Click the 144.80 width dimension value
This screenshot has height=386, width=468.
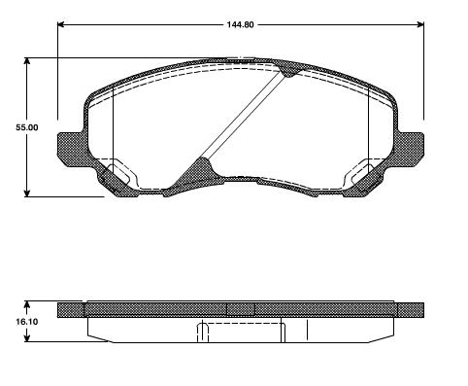240,24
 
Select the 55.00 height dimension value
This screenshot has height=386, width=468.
27,127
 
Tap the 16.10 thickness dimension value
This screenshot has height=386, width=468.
27,322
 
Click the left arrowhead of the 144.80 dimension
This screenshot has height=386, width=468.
61,24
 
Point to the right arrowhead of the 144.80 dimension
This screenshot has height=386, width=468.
419,24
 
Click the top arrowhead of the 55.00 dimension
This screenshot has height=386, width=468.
27,62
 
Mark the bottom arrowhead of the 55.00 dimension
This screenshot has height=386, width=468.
27,193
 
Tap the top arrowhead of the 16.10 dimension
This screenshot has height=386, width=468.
27,305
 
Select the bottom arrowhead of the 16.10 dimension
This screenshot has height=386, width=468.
27,337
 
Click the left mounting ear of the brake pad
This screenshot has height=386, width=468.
70,149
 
